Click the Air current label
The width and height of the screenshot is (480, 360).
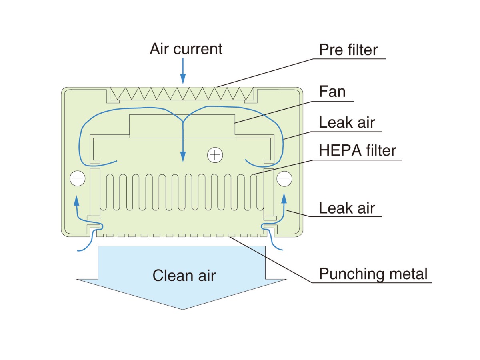pos(186,49)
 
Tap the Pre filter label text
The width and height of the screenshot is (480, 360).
pos(348,50)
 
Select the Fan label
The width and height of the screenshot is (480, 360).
pos(332,92)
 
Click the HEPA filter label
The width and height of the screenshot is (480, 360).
pos(357,151)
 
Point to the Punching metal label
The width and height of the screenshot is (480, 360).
pos(373,274)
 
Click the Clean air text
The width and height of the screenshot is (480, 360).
pos(184,275)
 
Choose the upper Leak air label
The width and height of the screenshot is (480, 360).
pos(347,122)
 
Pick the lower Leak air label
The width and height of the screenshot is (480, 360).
pos(347,208)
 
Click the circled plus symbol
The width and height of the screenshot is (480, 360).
pos(215,154)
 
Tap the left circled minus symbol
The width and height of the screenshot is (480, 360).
pos(77,178)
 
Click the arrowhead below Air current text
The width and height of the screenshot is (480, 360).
pos(183,80)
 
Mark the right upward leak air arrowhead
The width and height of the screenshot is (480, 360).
pos(284,198)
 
